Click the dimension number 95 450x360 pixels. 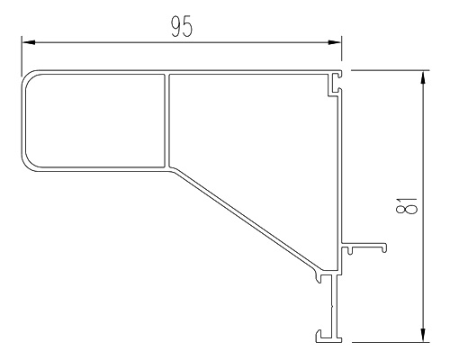(x=182, y=26)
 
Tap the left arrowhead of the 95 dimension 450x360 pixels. (x=29, y=42)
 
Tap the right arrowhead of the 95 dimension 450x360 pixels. (x=335, y=42)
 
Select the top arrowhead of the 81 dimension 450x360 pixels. (x=423, y=77)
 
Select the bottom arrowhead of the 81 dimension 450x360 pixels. (x=423, y=335)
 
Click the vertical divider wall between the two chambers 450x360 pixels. (x=166, y=120)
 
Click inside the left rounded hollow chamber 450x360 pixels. (x=94, y=120)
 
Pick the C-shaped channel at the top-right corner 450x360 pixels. (x=335, y=84)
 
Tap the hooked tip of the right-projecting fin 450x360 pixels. (x=383, y=247)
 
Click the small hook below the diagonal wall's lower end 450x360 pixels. (x=319, y=276)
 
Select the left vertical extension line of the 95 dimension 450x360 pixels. (x=22, y=56)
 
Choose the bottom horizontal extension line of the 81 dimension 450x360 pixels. (x=390, y=342)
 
